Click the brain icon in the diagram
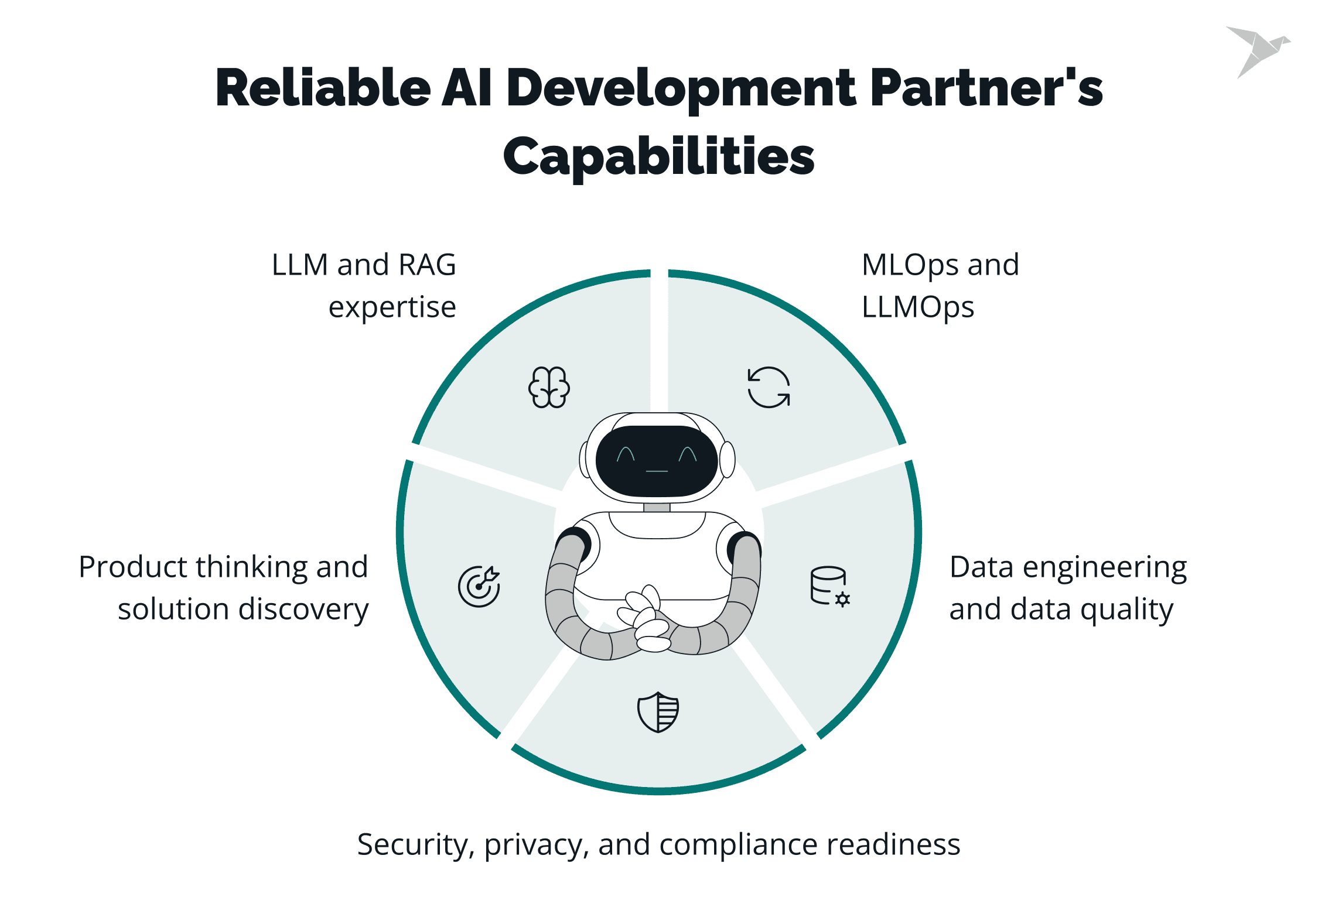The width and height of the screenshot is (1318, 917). coord(549,387)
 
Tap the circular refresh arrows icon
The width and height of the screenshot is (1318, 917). coord(769,387)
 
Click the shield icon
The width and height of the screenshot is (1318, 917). coord(658,712)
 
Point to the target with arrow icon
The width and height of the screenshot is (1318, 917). coord(479,586)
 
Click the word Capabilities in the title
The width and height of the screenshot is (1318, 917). coord(659,157)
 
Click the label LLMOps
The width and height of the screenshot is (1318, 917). coord(918,307)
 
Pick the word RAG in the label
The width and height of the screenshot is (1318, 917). coord(427,265)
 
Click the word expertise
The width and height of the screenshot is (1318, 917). coord(392,307)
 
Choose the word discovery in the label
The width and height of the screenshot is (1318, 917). coord(306,610)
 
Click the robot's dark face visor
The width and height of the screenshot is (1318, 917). coord(657,460)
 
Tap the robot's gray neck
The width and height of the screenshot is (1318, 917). coord(657,507)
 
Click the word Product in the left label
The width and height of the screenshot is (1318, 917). coord(133,567)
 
